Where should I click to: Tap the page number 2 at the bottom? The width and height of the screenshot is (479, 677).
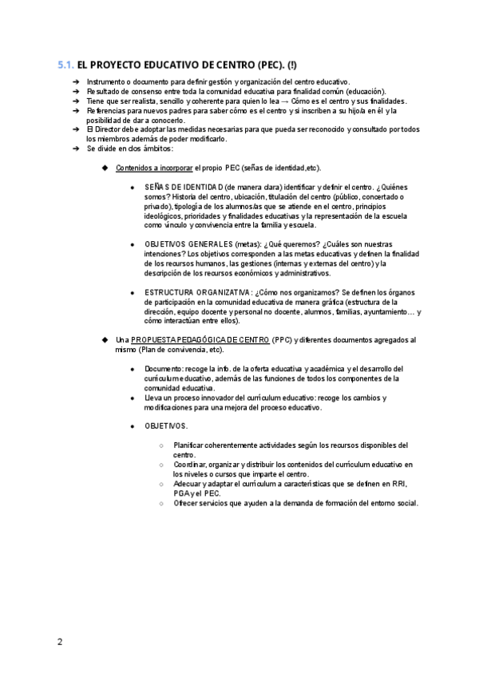coord(59,641)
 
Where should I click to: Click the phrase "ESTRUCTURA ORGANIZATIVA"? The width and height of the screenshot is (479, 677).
coord(198,292)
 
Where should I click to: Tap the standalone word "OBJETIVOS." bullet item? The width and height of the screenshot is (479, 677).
coord(166,426)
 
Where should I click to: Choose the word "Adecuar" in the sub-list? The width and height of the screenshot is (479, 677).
coord(188,484)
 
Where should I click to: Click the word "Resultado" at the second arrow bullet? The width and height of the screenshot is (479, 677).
coord(105,92)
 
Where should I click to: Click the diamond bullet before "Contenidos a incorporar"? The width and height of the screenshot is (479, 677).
coord(105,168)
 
